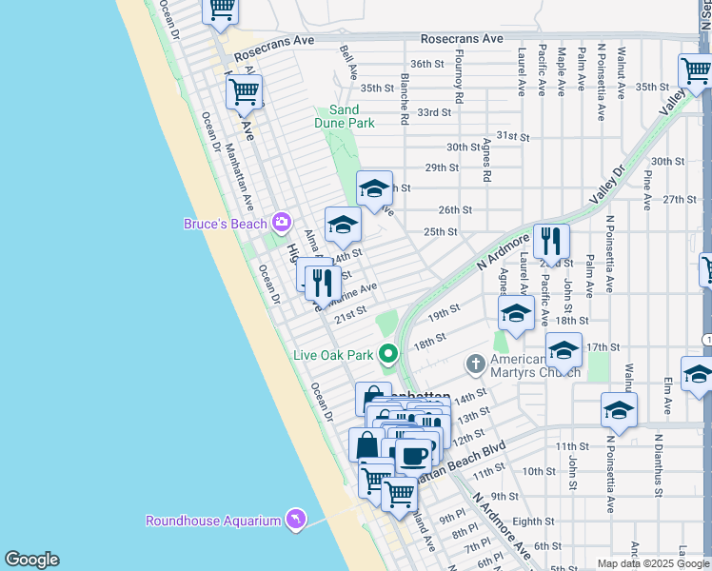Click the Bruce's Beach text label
pos(225,224)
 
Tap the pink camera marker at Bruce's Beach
pos(281,223)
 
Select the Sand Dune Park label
pos(345,116)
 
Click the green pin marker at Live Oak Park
pos(387,355)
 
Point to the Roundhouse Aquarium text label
pos(212,521)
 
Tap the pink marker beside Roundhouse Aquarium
pos(296,519)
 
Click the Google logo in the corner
pos(31,560)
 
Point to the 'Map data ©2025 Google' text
pos(653,563)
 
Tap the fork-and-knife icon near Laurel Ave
pos(551,242)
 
